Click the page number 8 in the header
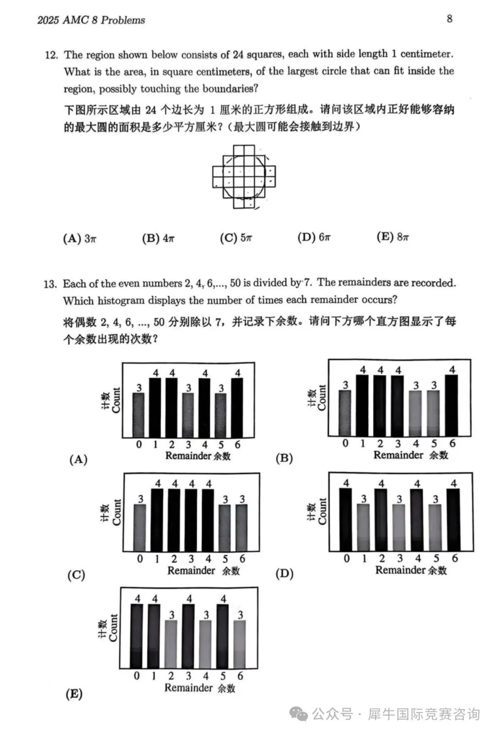pyautogui.click(x=449, y=18)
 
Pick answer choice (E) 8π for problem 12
pyautogui.click(x=393, y=237)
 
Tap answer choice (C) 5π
pyautogui.click(x=236, y=238)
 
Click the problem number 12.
pyautogui.click(x=51, y=55)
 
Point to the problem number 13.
pyautogui.click(x=50, y=284)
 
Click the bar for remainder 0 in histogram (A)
pyautogui.click(x=139, y=415)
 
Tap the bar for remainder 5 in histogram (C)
pyautogui.click(x=225, y=528)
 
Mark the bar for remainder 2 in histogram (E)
pyautogui.click(x=171, y=644)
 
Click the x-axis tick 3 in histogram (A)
pyautogui.click(x=188, y=445)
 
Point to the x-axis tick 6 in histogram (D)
pyautogui.click(x=455, y=558)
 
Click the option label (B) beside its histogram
pyautogui.click(x=284, y=458)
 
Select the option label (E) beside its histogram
pyautogui.click(x=74, y=694)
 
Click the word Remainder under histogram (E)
pyautogui.click(x=188, y=688)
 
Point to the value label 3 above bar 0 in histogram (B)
pyautogui.click(x=345, y=385)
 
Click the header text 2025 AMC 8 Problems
pyautogui.click(x=91, y=20)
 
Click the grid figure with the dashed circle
pyautogui.click(x=244, y=177)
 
